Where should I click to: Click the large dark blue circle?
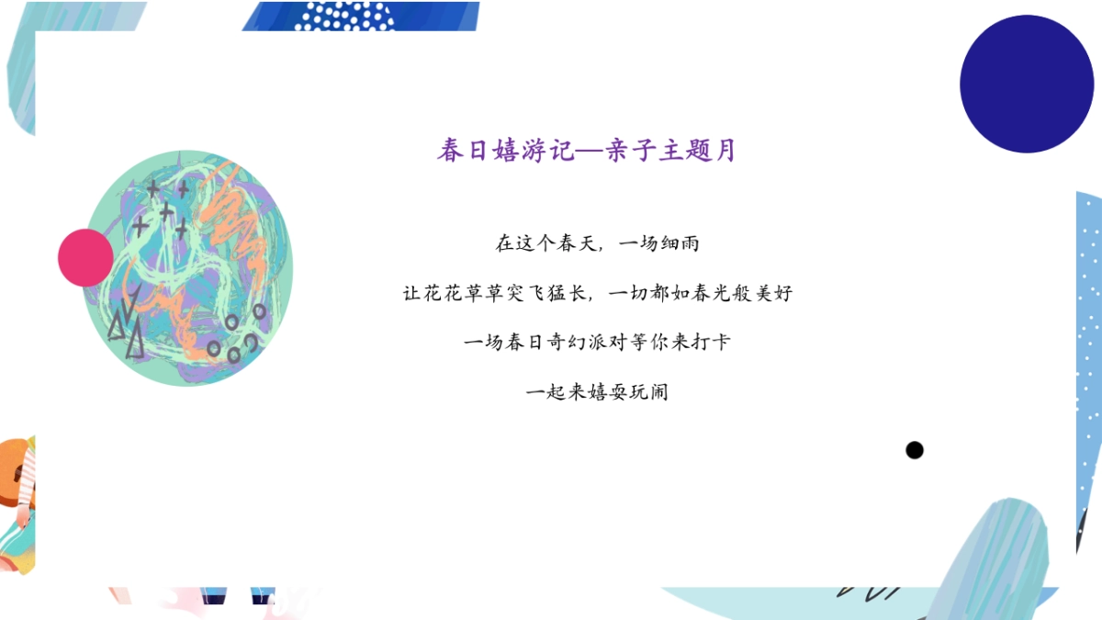(1027, 84)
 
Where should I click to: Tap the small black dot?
(914, 450)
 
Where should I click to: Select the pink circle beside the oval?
(85, 257)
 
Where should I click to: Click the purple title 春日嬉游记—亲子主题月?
(587, 151)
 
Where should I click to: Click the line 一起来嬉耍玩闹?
(597, 392)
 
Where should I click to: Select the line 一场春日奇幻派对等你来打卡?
(597, 343)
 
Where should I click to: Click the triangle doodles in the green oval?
(126, 326)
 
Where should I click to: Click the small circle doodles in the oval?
(236, 335)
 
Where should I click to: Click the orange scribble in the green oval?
(241, 230)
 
